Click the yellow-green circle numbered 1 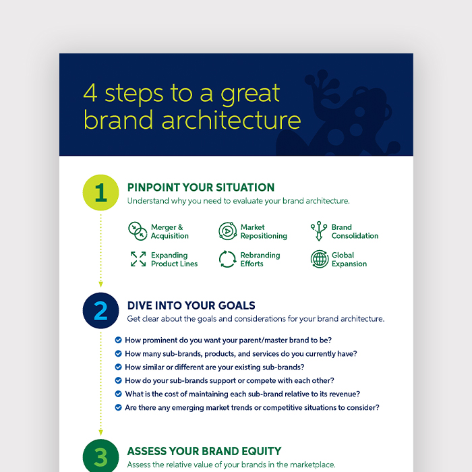click(x=101, y=192)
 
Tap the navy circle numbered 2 click(x=101, y=310)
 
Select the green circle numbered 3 click(x=101, y=455)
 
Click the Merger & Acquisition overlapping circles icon click(x=138, y=231)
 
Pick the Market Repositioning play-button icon click(x=228, y=231)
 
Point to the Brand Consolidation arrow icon click(x=319, y=231)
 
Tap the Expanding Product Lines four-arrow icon click(x=138, y=259)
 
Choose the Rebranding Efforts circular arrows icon click(x=228, y=259)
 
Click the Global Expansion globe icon click(x=320, y=259)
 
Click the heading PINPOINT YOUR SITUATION click(x=201, y=187)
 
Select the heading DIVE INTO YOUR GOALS click(x=191, y=305)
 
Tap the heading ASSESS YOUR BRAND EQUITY click(x=204, y=451)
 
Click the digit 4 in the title click(x=90, y=93)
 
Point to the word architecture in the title click(x=231, y=119)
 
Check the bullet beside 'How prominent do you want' click(x=118, y=340)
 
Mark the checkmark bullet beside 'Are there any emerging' click(x=118, y=407)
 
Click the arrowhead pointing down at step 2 click(x=101, y=285)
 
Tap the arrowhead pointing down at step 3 click(x=101, y=433)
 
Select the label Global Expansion click(x=349, y=259)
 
